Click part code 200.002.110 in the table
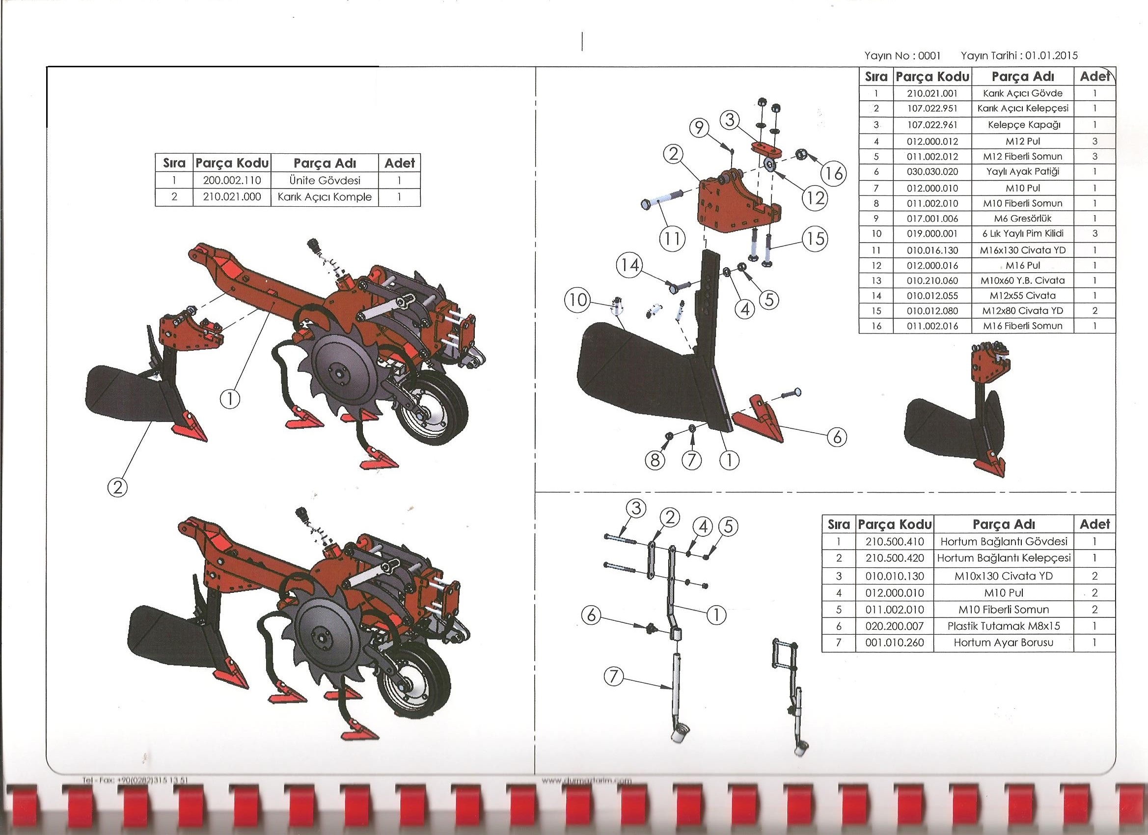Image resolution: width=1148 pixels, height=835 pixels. (232, 180)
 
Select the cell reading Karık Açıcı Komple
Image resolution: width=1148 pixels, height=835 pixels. (325, 197)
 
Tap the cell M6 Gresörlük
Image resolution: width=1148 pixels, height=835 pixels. (1022, 219)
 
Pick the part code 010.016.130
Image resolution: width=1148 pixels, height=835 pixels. (932, 250)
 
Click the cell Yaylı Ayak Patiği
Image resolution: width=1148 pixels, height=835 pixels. (1022, 171)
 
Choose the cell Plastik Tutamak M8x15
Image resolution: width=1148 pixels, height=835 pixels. (1003, 626)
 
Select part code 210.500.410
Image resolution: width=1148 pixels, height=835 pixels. (895, 541)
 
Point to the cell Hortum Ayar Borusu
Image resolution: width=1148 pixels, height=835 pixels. (1003, 642)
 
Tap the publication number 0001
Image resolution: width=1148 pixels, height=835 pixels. (929, 56)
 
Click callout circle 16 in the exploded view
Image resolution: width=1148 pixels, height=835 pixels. (834, 174)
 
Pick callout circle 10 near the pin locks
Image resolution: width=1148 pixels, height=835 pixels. (577, 300)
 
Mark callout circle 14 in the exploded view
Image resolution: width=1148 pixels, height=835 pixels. (629, 265)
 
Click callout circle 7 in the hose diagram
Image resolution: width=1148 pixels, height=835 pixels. (613, 676)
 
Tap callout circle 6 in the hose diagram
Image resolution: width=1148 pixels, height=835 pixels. (591, 616)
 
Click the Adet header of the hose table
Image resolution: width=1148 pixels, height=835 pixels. (1094, 524)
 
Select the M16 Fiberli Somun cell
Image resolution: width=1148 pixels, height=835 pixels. (1022, 326)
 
